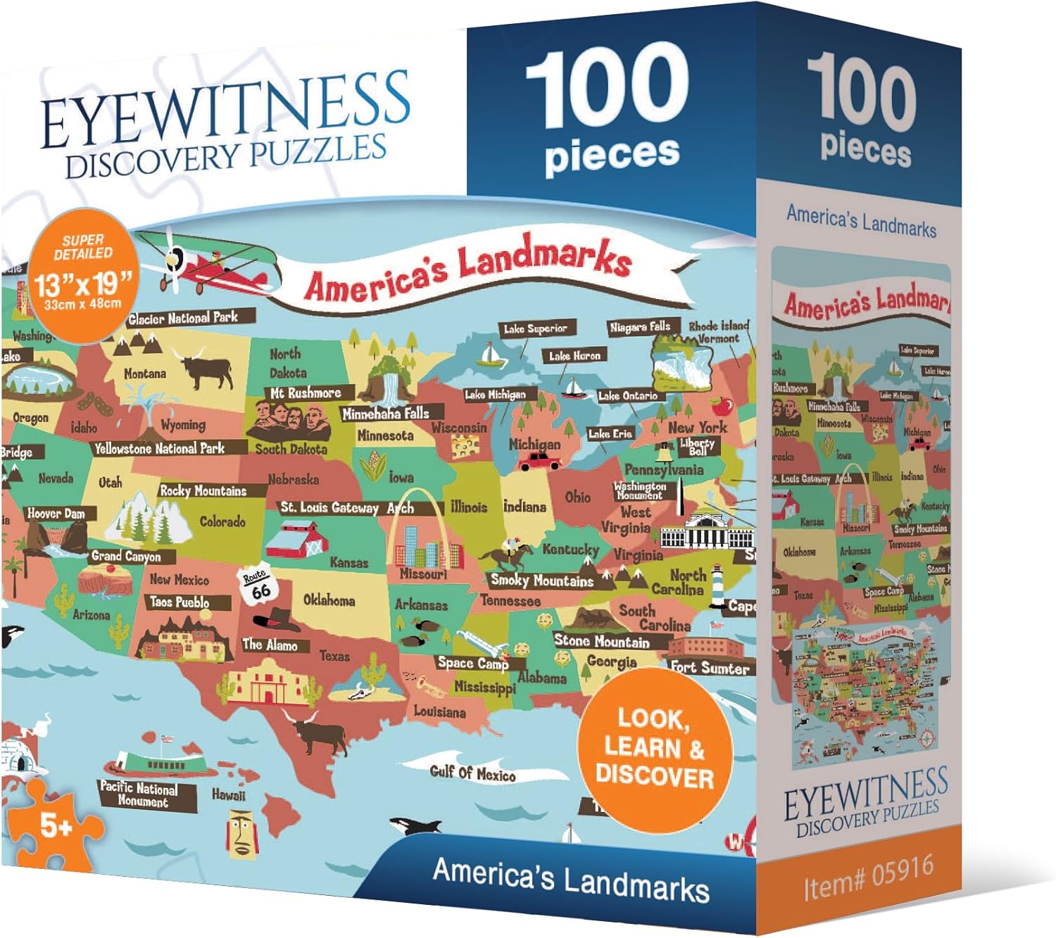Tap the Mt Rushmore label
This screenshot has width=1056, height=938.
click(306, 393)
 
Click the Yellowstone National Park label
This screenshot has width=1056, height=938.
click(160, 448)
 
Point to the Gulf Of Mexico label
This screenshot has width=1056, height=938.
click(472, 773)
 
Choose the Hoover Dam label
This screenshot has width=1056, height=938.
click(56, 514)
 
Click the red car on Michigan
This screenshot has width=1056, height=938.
click(540, 461)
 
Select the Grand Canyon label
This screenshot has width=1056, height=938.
click(126, 556)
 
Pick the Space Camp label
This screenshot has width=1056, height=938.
click(472, 663)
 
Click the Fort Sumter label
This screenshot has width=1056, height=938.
click(709, 668)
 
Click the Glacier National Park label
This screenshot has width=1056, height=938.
click(183, 318)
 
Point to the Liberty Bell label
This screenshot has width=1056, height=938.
click(697, 446)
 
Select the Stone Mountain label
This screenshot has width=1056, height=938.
click(602, 641)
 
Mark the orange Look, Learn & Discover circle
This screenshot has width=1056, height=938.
click(655, 748)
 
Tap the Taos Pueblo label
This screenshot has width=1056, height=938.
click(180, 602)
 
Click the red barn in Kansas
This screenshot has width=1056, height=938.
click(296, 539)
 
